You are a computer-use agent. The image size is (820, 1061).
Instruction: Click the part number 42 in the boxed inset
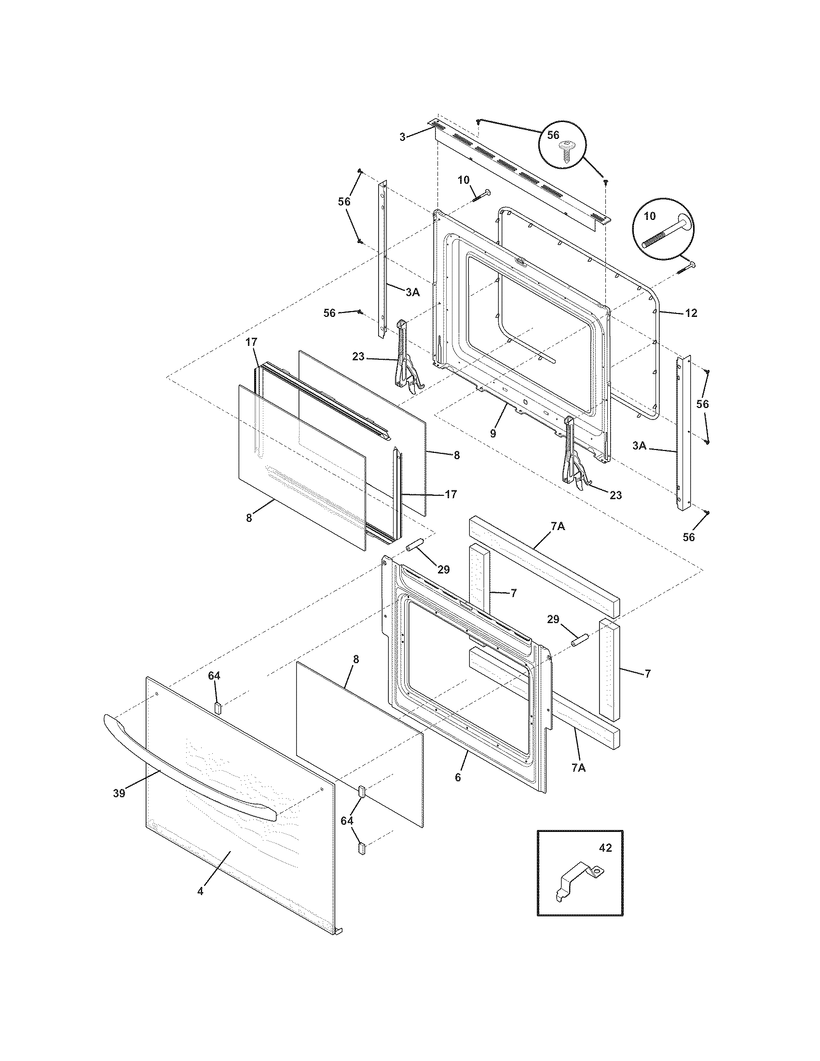coord(605,847)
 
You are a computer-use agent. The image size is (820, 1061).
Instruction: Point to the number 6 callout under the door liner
coord(458,777)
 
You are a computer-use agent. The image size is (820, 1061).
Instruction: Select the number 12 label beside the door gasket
coord(691,313)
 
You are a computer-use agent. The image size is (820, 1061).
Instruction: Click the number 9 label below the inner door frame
coord(492,434)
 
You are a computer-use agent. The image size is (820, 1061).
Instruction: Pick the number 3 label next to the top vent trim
coord(402,137)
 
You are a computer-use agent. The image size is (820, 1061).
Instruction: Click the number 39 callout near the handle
coord(119,793)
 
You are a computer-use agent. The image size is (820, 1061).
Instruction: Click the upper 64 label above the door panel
coord(214,675)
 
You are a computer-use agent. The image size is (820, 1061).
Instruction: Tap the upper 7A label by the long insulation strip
coord(558,526)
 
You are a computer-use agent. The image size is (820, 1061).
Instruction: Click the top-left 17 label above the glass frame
coord(251,342)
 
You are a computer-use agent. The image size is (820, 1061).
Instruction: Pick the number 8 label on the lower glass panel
coord(356,659)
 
